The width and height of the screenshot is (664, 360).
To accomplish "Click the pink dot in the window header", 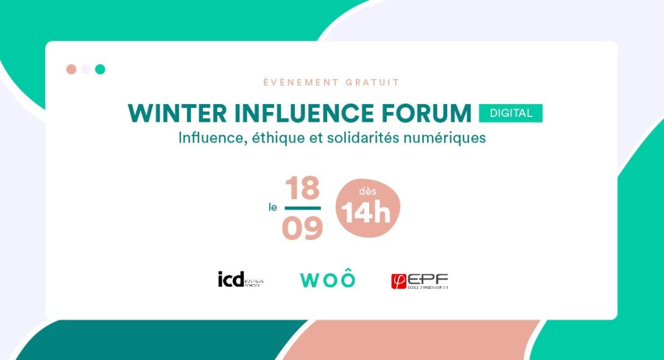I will click(71, 69).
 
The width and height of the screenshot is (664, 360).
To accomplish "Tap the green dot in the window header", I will click(100, 69).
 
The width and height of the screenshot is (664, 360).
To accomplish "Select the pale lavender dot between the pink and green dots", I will click(86, 69).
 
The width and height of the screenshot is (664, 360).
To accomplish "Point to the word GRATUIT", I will click(373, 82).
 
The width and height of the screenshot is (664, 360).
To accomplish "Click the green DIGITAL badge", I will click(510, 113).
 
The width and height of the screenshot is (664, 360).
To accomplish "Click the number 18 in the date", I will click(302, 188).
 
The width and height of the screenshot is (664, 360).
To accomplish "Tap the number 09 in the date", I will click(302, 228).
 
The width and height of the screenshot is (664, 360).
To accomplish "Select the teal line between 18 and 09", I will click(302, 208).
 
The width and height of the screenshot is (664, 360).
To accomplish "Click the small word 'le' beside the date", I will click(273, 208).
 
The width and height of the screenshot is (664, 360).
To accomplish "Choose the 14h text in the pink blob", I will click(366, 213).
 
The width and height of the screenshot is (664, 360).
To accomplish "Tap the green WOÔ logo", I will click(328, 279).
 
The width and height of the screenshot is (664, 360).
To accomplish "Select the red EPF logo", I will click(419, 281).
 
